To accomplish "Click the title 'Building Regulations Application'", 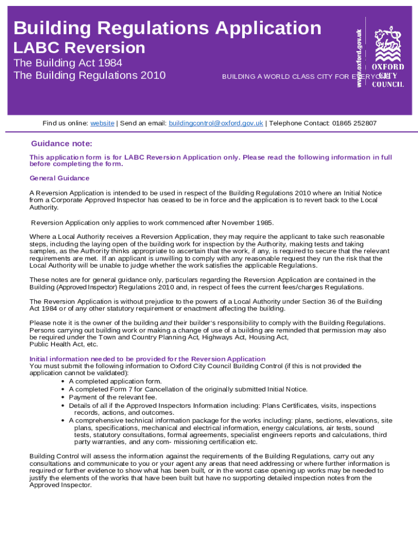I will pos(167,28).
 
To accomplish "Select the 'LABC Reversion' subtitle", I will pos(79,48).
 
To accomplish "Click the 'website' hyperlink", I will pos(102,123).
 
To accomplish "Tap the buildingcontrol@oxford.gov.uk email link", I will pos(216,123).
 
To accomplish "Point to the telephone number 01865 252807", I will pos(354,123).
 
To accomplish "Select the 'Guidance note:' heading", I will pos(62,144).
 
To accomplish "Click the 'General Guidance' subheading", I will pos(59,178).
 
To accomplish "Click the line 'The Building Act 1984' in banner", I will pos(68,63).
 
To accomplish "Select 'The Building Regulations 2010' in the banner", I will pos(89,75).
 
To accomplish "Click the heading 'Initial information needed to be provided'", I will pos(147,359).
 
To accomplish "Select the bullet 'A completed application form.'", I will pos(115,381).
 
